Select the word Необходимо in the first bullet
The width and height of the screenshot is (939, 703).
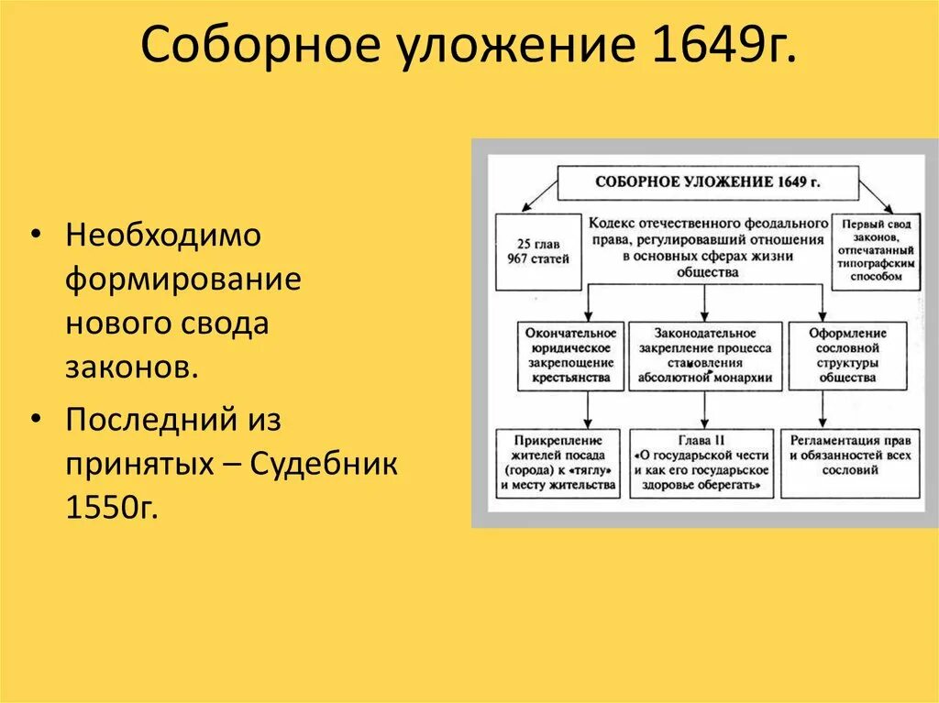tap(163, 236)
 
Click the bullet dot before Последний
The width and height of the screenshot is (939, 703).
tap(35, 419)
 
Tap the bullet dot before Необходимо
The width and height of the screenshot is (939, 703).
tap(35, 236)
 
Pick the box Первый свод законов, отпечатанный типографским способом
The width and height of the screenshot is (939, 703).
tap(876, 251)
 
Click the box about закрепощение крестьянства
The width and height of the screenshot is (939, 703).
tap(569, 356)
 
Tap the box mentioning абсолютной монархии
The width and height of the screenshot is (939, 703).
tap(706, 356)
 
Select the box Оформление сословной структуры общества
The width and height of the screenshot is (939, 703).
tap(848, 356)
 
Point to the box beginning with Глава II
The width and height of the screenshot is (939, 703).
tap(701, 463)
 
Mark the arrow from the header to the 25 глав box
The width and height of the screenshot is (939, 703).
tap(539, 196)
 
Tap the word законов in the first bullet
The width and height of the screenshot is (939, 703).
tap(129, 368)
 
